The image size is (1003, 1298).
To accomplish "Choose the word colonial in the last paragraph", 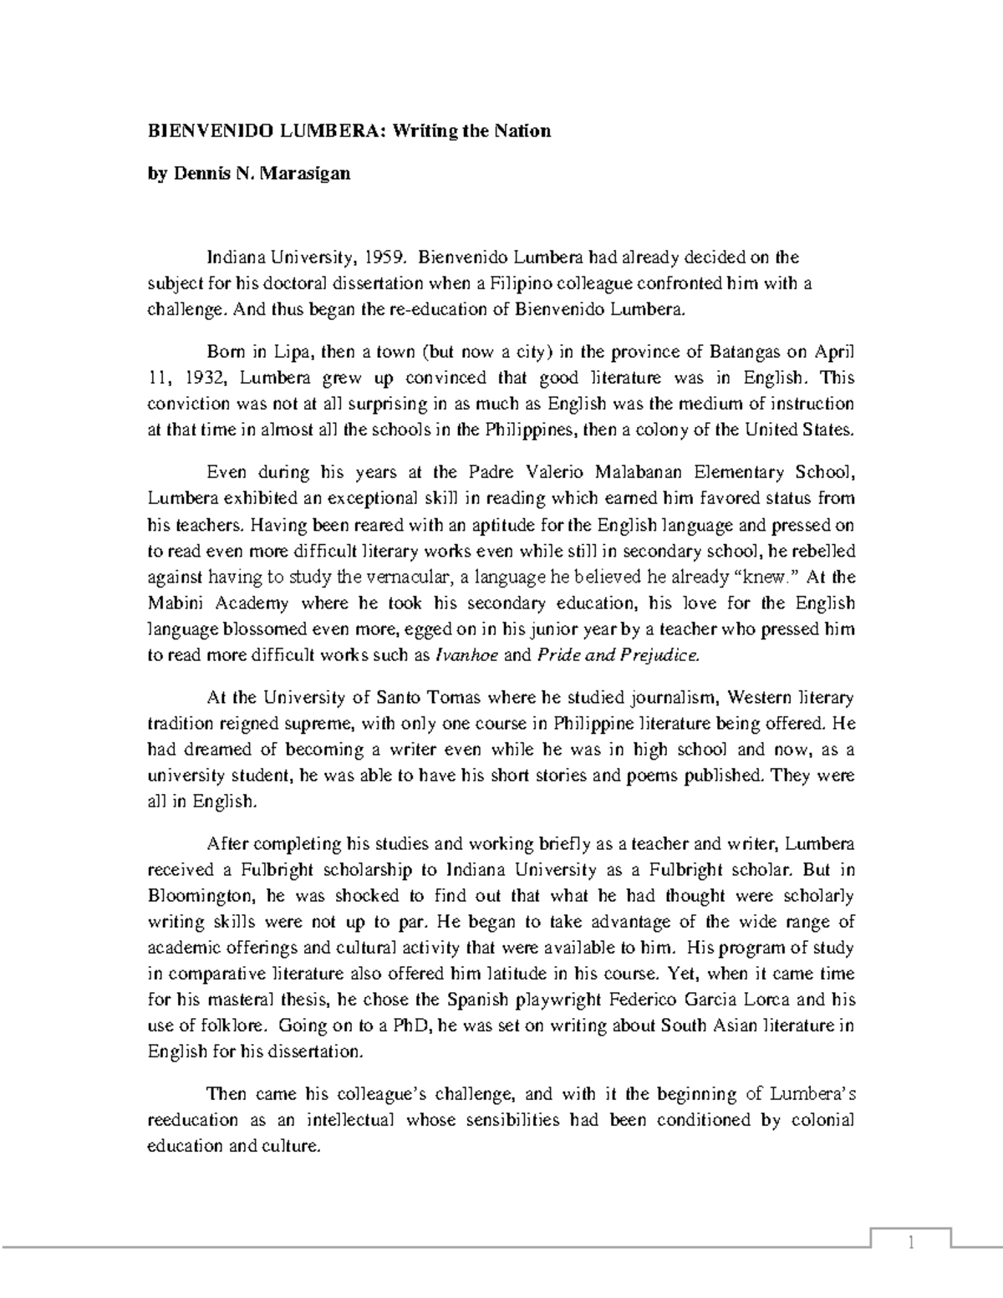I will (x=822, y=1120).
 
